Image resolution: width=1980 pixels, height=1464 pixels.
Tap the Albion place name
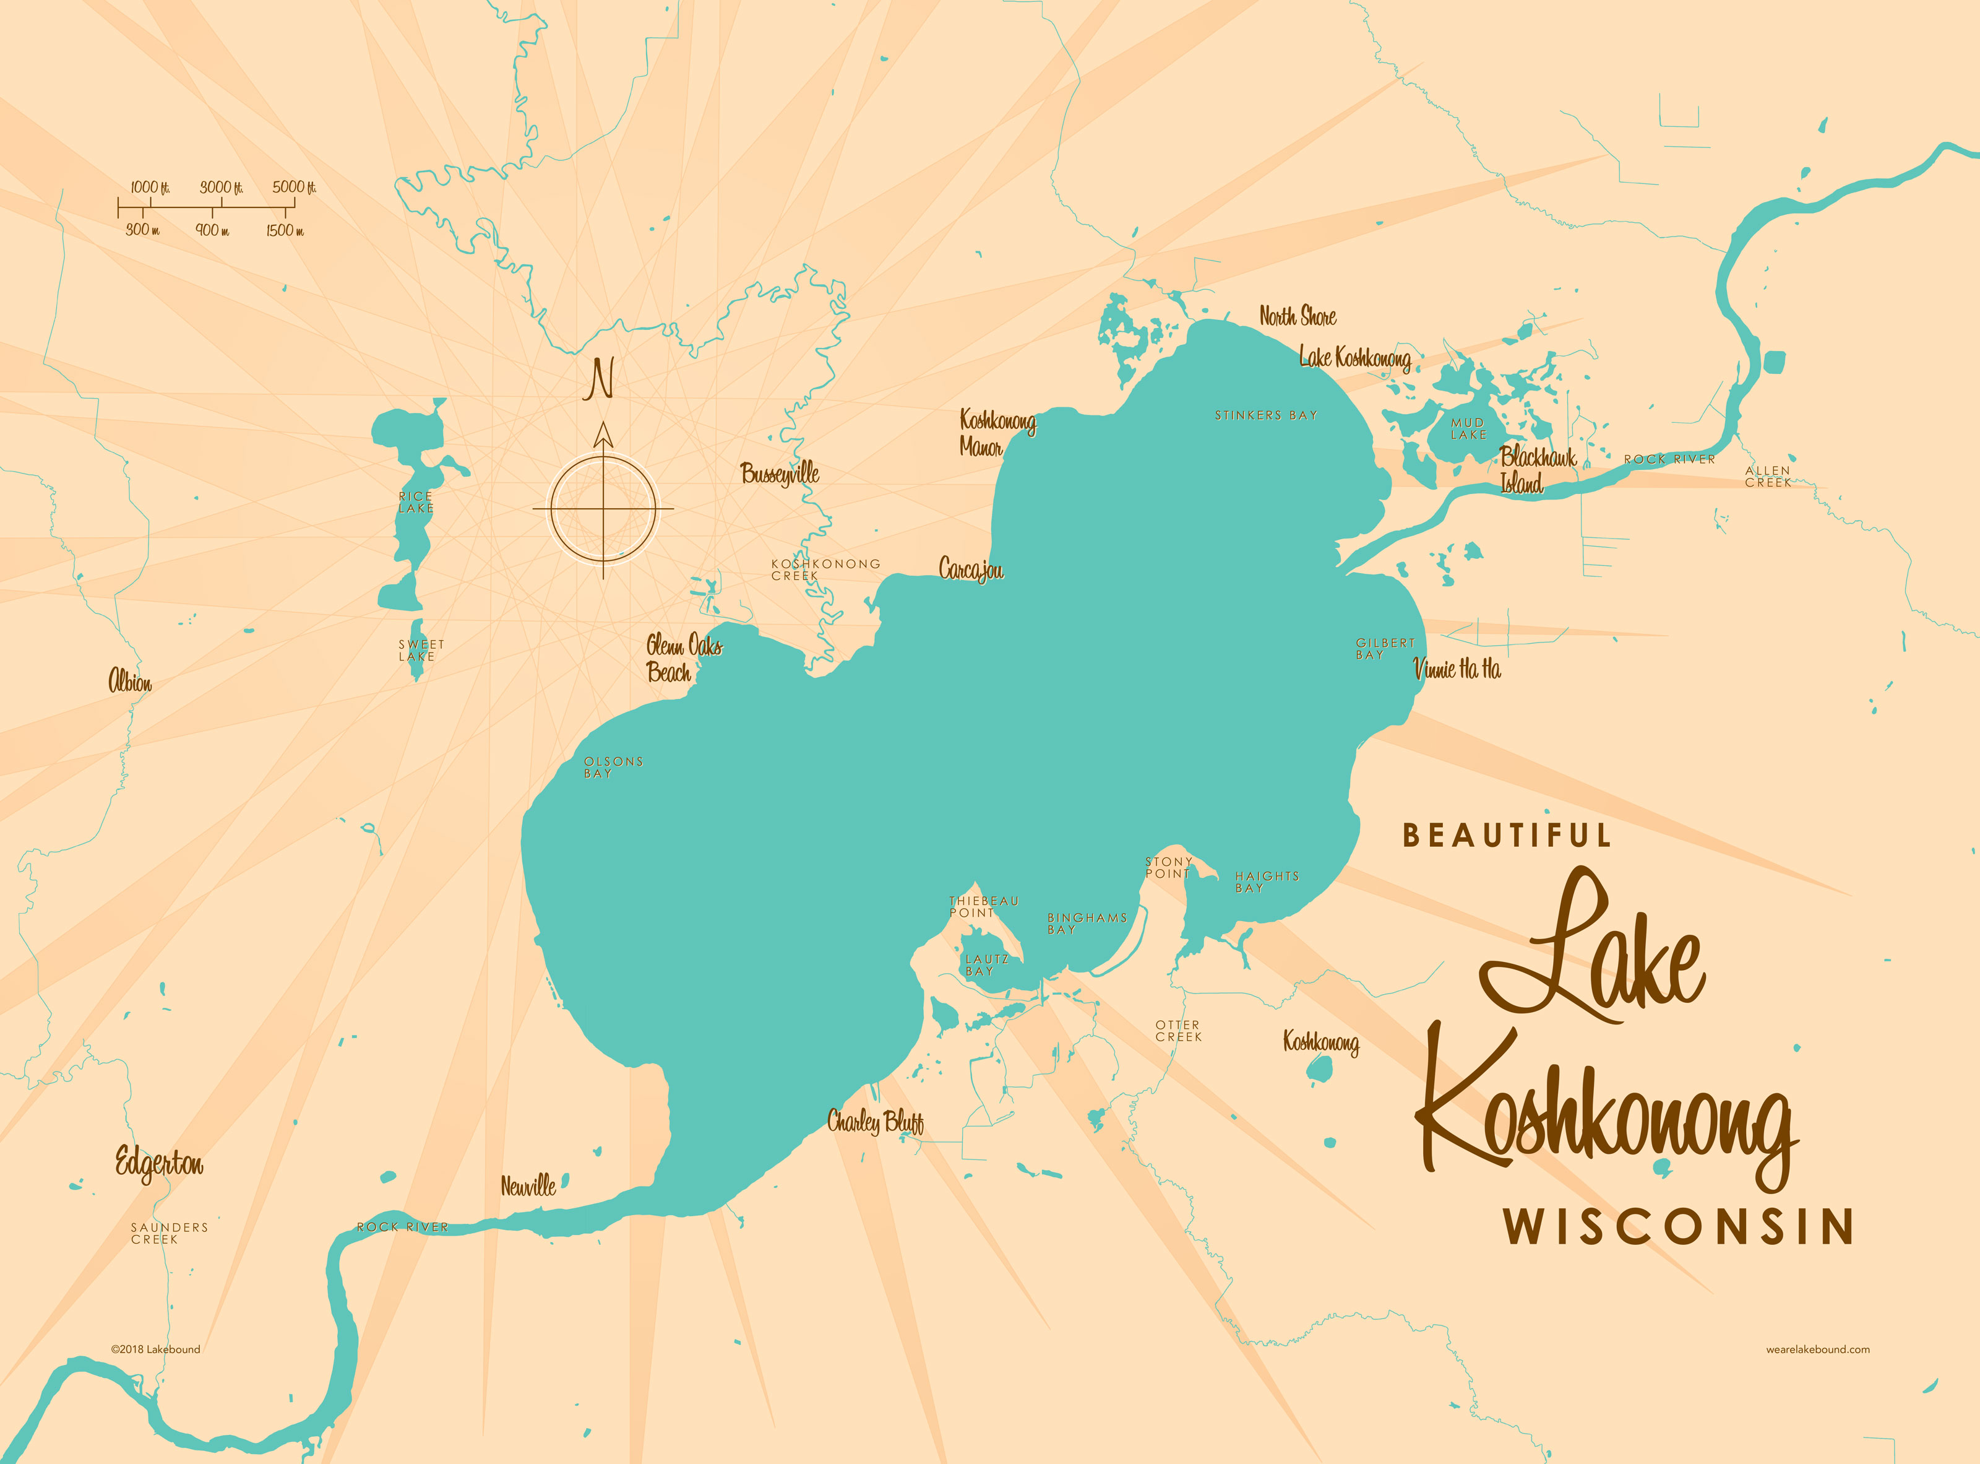[x=130, y=682]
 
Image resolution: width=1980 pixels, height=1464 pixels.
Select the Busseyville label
[x=780, y=473]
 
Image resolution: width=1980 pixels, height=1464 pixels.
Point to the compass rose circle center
[x=603, y=509]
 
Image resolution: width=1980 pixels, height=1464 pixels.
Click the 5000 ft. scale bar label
[x=293, y=187]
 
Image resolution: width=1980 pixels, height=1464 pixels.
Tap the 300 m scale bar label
[x=143, y=230]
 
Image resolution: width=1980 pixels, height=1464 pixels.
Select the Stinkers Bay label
[x=1265, y=415]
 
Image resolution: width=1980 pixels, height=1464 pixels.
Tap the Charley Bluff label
[x=876, y=1122]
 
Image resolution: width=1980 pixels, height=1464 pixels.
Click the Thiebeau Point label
[x=983, y=907]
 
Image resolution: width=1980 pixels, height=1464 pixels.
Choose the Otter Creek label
[x=1178, y=1031]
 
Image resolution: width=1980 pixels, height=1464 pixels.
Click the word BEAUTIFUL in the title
[x=1506, y=836]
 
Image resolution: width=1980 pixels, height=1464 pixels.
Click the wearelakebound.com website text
[x=1817, y=1349]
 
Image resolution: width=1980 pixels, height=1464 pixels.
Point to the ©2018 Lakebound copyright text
[x=155, y=1349]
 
